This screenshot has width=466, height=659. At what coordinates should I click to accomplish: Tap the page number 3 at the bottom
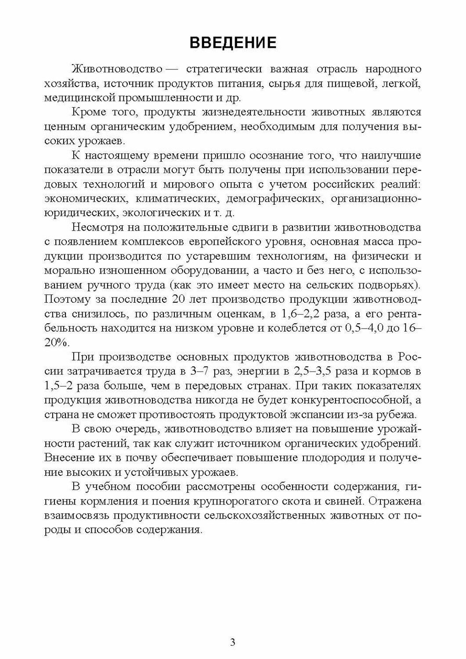[x=233, y=642]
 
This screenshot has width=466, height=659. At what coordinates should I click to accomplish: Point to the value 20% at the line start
[x=57, y=343]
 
